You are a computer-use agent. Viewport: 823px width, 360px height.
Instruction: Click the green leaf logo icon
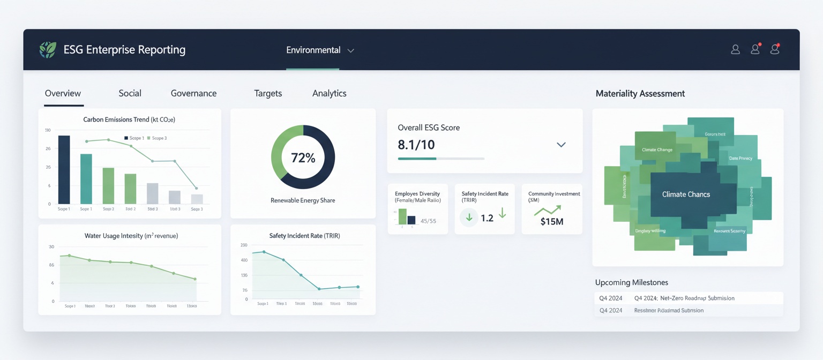coord(48,50)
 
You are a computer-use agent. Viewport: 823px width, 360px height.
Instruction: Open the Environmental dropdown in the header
coord(320,50)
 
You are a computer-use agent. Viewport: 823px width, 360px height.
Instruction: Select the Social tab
coord(130,93)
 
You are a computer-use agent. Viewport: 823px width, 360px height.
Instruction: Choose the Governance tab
coord(193,93)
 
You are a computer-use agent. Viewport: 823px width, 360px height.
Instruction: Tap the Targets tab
coord(268,93)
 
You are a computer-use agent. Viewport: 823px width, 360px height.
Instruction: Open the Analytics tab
coord(329,93)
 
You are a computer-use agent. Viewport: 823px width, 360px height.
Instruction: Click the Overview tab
coord(63,93)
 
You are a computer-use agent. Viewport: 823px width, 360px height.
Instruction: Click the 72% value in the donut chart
coord(303,157)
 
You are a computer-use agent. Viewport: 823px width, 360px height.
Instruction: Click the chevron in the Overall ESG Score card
coord(561,145)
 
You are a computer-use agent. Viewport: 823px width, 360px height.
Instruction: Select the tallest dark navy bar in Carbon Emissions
coord(64,169)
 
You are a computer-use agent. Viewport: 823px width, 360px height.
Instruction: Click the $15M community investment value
coord(551,221)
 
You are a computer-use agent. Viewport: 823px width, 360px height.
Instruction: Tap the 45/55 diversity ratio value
coord(428,221)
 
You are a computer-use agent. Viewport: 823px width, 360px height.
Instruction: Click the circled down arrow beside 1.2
coord(469,217)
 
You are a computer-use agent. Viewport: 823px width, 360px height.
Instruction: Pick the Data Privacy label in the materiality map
coord(740,159)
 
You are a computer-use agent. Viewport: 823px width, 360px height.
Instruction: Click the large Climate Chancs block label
coord(686,194)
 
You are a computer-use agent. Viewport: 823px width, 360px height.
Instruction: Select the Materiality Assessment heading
coord(640,94)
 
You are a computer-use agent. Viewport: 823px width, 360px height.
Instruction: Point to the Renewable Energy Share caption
coord(303,200)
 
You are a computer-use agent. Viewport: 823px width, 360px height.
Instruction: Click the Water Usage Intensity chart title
coord(131,236)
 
